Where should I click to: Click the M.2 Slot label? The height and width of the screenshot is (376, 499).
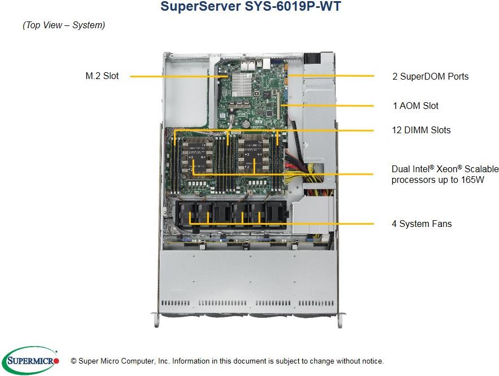coord(102,76)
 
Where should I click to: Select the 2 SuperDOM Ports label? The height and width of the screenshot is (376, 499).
coord(430,76)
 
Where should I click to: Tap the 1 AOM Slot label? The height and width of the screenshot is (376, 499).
coord(415,106)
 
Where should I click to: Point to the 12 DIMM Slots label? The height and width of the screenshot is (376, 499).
coord(421,130)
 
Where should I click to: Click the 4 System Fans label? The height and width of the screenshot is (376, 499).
coord(422,224)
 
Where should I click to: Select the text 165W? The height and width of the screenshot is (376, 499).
coord(472,180)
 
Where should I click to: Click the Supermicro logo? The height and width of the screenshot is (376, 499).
coord(30,360)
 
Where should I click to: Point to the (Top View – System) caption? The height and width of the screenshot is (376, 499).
coord(64,25)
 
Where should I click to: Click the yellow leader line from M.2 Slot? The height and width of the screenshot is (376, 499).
coord(175,76)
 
